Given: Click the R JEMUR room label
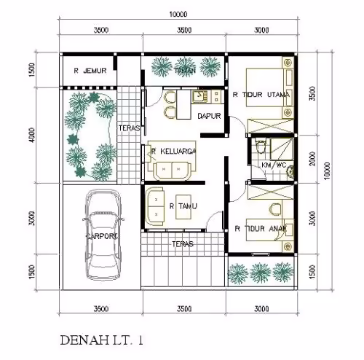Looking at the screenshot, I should pyautogui.click(x=90, y=71).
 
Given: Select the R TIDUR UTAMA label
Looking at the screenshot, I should pyautogui.click(x=259, y=95).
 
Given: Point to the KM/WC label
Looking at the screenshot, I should pyautogui.click(x=273, y=165).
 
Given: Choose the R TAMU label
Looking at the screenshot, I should pyautogui.click(x=182, y=206).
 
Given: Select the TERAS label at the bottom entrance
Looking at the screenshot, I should pyautogui.click(x=183, y=244).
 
